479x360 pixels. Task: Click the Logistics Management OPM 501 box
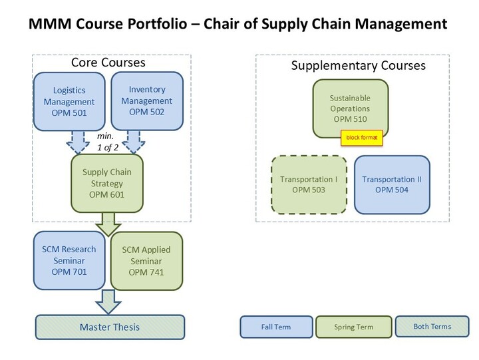69,101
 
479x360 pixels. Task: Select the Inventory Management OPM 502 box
147,101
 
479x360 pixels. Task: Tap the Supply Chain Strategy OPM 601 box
107,184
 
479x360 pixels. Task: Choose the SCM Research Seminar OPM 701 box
69,260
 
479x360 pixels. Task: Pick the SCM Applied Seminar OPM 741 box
146,261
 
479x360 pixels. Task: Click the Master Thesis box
110,327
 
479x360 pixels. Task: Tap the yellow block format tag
362,138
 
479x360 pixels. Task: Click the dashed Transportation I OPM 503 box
309,184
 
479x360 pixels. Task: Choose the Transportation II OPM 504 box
392,184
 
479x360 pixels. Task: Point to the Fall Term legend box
276,327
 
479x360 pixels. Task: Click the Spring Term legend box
354,327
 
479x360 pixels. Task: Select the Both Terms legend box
432,326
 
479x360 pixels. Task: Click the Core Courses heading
108,63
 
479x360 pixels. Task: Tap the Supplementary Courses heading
359,65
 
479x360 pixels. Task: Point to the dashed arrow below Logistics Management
78,142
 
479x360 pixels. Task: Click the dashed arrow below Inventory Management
134,142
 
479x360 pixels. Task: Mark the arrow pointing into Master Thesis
108,302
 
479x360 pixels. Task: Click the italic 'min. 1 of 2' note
108,142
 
